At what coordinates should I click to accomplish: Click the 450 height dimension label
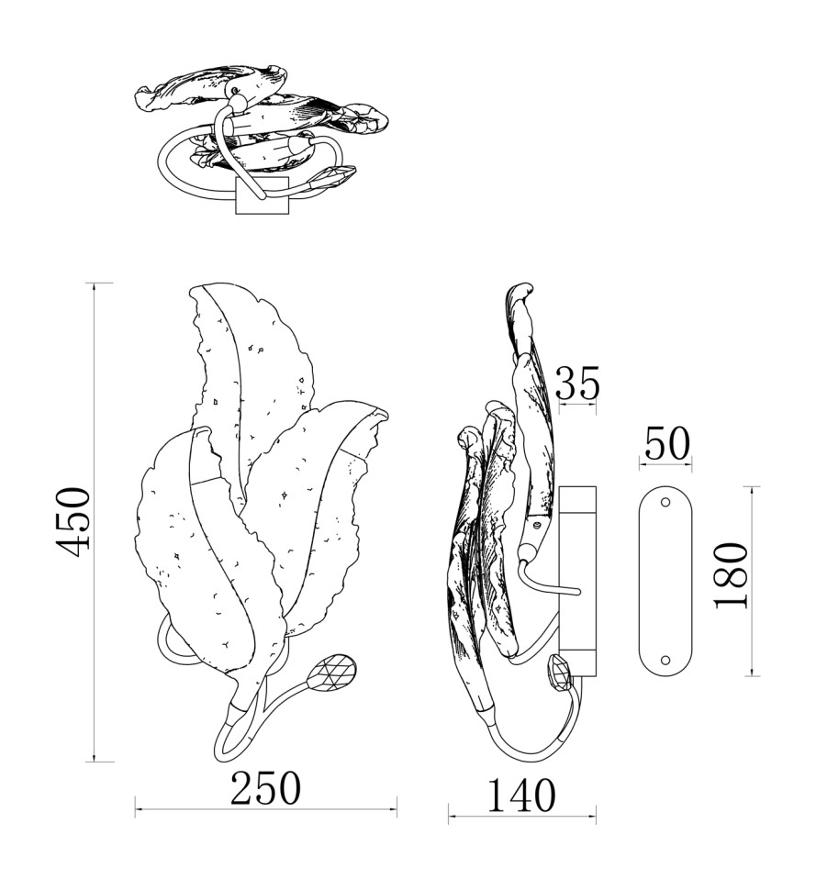click(73, 522)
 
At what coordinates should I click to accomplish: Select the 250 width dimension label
click(265, 788)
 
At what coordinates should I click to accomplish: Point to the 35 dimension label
click(577, 383)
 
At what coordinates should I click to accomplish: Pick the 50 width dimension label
click(666, 443)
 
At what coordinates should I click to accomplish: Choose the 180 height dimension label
click(732, 575)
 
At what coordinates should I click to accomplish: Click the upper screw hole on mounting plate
click(665, 503)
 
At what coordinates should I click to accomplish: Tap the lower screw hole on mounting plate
click(665, 660)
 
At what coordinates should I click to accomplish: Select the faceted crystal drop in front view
click(333, 672)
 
